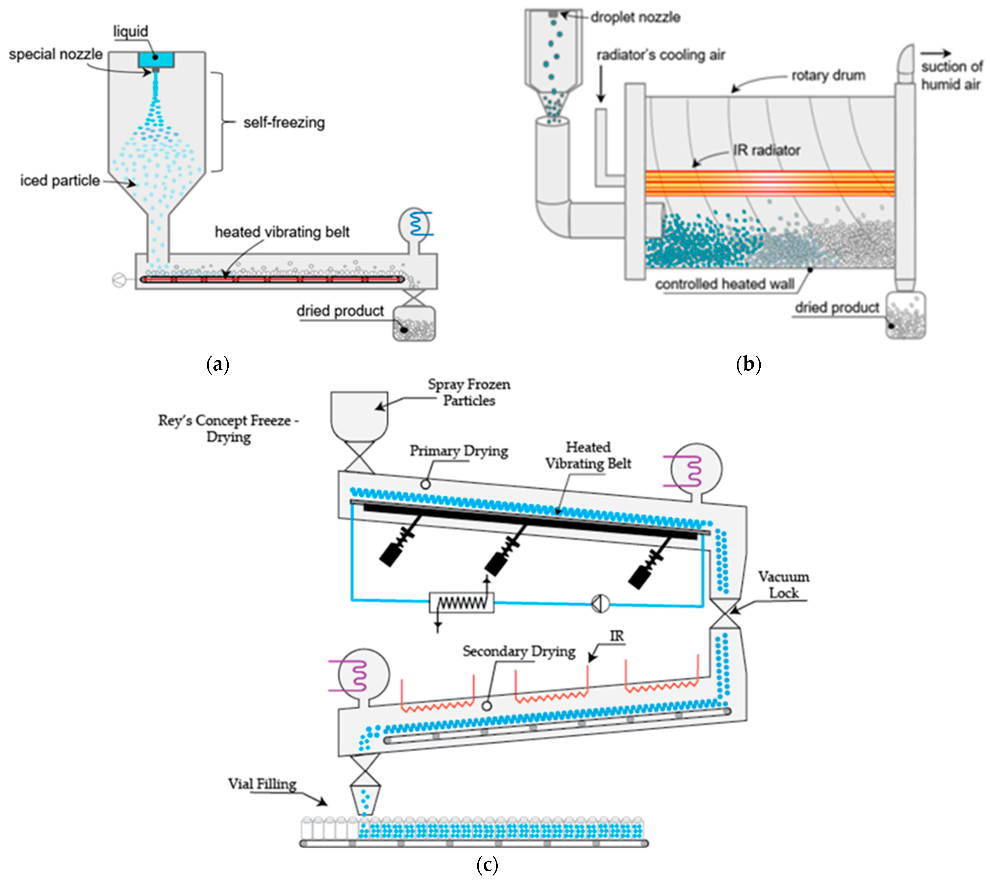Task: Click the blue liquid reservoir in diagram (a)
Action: [156, 59]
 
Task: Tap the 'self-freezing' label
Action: [284, 123]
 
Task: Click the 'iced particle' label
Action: [60, 181]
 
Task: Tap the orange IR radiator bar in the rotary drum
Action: [769, 183]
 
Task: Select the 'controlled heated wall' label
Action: [724, 284]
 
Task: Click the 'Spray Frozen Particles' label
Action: [468, 393]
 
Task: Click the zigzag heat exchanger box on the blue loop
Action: [462, 603]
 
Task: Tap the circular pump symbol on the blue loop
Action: [600, 603]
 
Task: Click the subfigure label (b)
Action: [748, 364]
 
